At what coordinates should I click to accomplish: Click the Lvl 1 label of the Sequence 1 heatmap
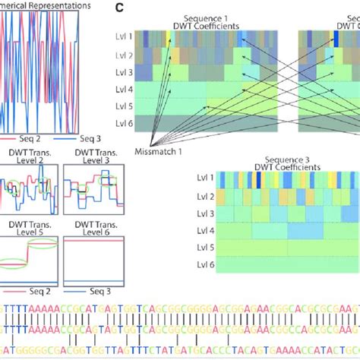(x=124, y=36)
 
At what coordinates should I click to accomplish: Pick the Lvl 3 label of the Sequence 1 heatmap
(x=124, y=72)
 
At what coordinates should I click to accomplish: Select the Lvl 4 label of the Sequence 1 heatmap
(x=124, y=90)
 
